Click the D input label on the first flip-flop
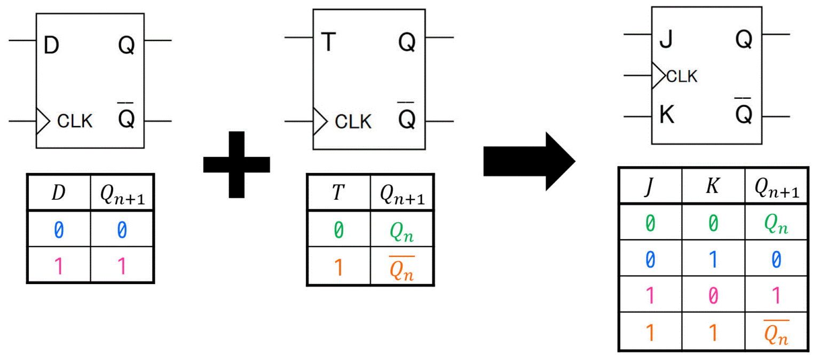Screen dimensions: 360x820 (x=51, y=46)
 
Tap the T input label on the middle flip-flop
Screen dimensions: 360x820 (x=329, y=43)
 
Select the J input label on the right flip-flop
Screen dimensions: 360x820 (x=665, y=40)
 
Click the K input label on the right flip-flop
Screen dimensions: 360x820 (x=666, y=115)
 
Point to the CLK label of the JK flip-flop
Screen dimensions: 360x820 (x=682, y=77)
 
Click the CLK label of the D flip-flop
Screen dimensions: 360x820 (x=74, y=121)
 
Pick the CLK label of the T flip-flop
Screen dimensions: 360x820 (x=352, y=122)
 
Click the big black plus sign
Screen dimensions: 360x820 (x=236, y=164)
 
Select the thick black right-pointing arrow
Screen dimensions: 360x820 (x=529, y=161)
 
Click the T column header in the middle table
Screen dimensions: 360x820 (x=337, y=192)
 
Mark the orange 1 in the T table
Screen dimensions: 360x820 (x=338, y=267)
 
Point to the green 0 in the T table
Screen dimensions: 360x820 (x=338, y=231)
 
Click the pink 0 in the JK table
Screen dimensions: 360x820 (x=713, y=296)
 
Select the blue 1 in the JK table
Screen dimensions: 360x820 (x=713, y=260)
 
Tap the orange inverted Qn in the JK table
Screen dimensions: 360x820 (x=776, y=332)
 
